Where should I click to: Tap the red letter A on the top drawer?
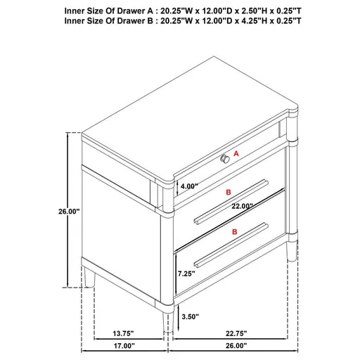pyautogui.click(x=236, y=153)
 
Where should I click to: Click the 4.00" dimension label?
pyautogui.click(x=189, y=186)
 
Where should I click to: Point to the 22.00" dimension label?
pyautogui.click(x=240, y=206)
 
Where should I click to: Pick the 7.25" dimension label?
pyautogui.click(x=186, y=273)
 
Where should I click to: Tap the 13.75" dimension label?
pyautogui.click(x=126, y=334)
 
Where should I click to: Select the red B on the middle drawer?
pyautogui.click(x=228, y=191)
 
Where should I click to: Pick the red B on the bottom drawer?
pyautogui.click(x=233, y=231)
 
